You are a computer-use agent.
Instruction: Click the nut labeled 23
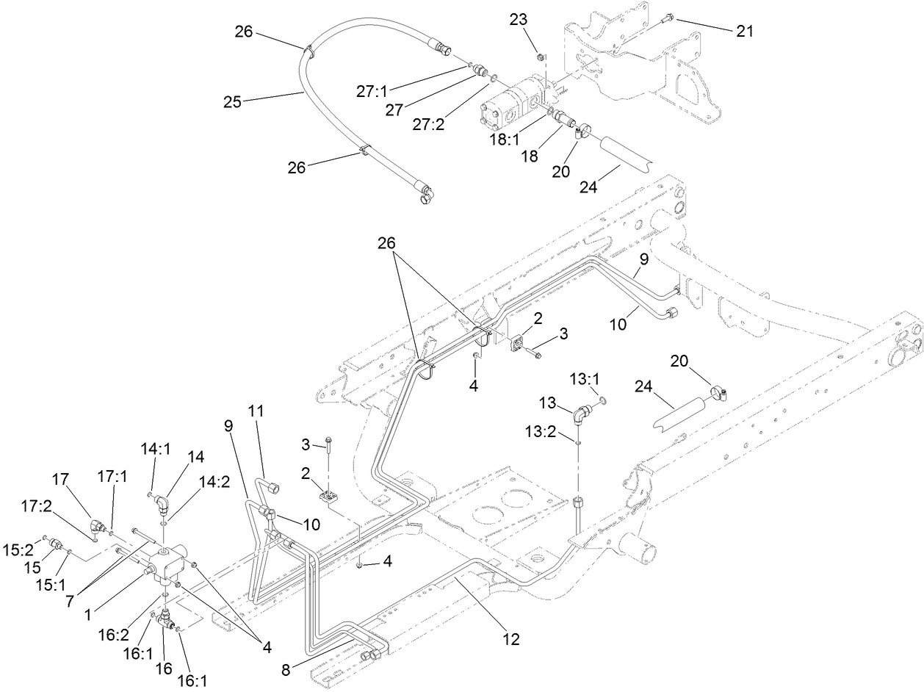point(540,57)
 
